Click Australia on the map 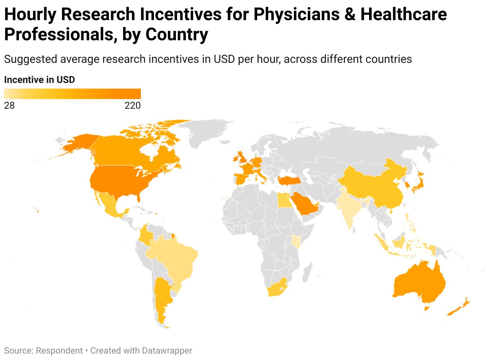tap(419, 284)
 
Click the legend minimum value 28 tap(9, 106)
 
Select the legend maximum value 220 tap(132, 106)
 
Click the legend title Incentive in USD tap(39, 80)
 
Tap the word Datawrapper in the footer tap(167, 351)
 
